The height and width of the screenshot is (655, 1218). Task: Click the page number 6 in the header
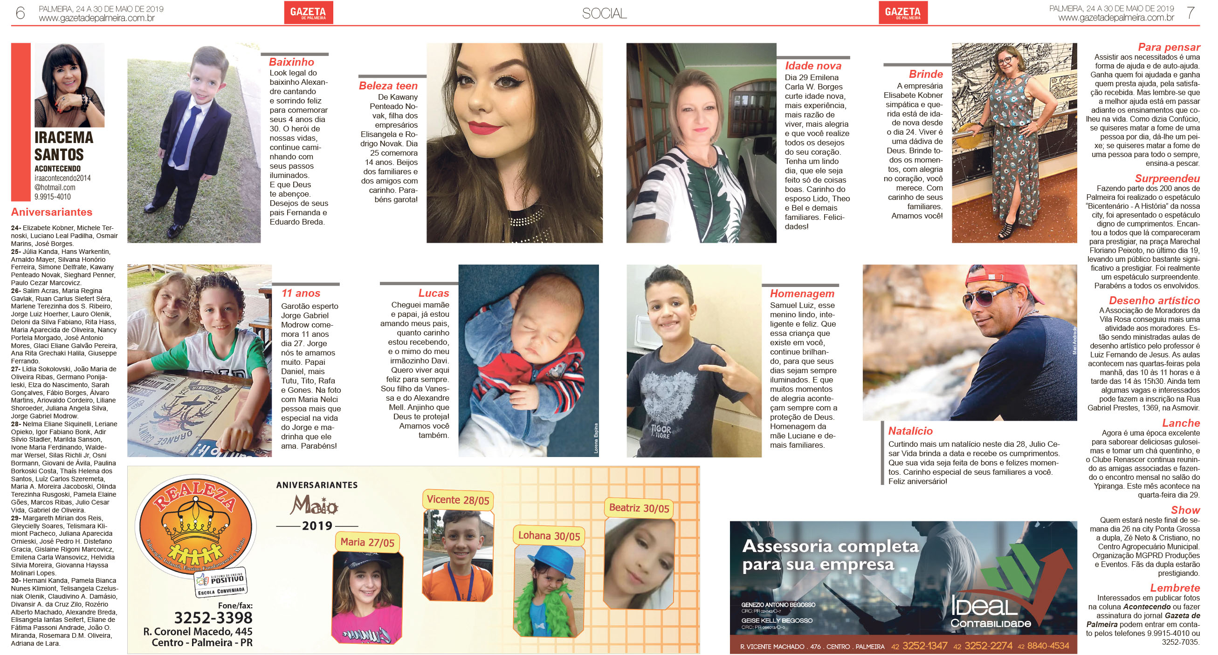click(x=20, y=13)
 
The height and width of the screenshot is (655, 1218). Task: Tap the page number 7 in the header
click(x=1191, y=13)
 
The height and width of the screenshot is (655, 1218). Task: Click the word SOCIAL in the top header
click(x=604, y=14)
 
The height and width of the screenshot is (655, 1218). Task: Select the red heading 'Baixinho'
click(x=291, y=62)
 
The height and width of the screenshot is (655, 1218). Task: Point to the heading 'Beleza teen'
click(x=388, y=86)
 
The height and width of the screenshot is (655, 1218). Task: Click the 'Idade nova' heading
click(x=813, y=66)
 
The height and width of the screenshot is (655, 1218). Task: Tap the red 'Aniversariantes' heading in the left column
click(x=52, y=212)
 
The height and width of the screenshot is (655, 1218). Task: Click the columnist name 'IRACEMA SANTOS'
click(x=64, y=146)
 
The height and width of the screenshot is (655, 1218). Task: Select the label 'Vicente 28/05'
click(x=458, y=500)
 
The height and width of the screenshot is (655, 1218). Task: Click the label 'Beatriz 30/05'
click(x=639, y=508)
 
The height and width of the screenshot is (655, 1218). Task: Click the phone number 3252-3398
click(x=213, y=618)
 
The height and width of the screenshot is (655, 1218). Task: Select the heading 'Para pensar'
click(x=1169, y=47)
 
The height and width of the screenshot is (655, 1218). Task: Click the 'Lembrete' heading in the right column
click(x=1175, y=588)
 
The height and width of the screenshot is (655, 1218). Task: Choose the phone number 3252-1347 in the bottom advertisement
click(x=925, y=646)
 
